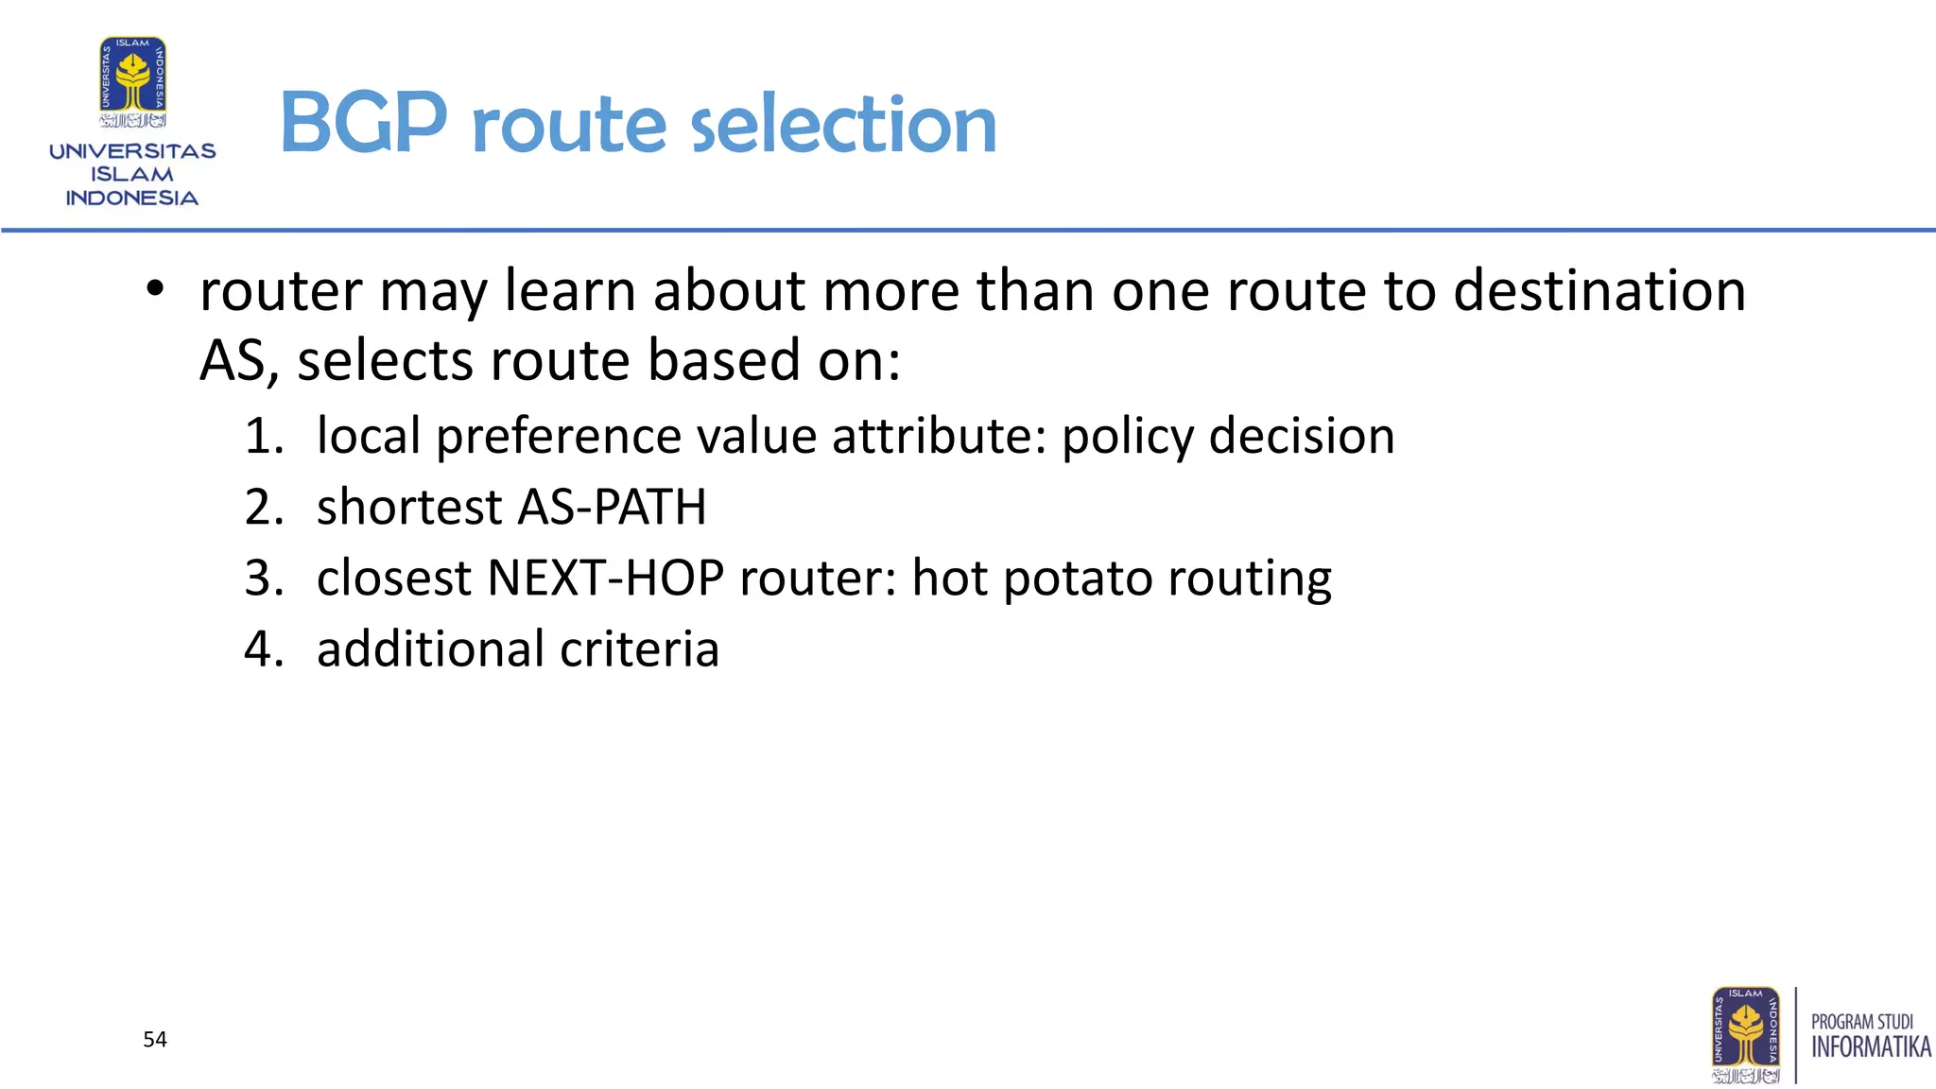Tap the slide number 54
(x=155, y=1040)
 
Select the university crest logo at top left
(x=133, y=82)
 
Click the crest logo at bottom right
(x=1745, y=1035)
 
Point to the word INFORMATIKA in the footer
(x=1871, y=1047)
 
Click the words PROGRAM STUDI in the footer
(x=1861, y=1022)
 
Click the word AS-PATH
(x=612, y=508)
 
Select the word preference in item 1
(x=559, y=437)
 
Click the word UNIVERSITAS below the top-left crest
(x=132, y=151)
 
